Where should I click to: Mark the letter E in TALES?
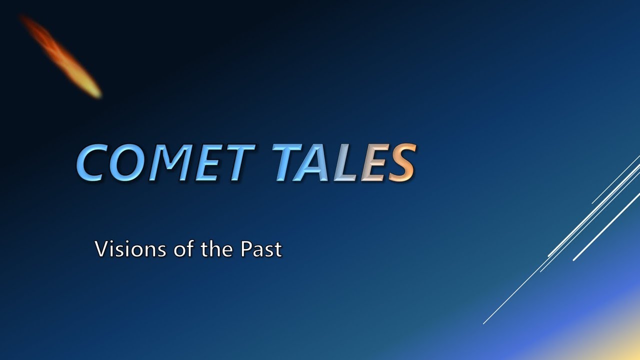click(x=376, y=163)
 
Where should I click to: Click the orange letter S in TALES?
click(x=402, y=163)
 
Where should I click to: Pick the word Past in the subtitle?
click(x=262, y=249)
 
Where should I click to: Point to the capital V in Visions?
click(x=101, y=249)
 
